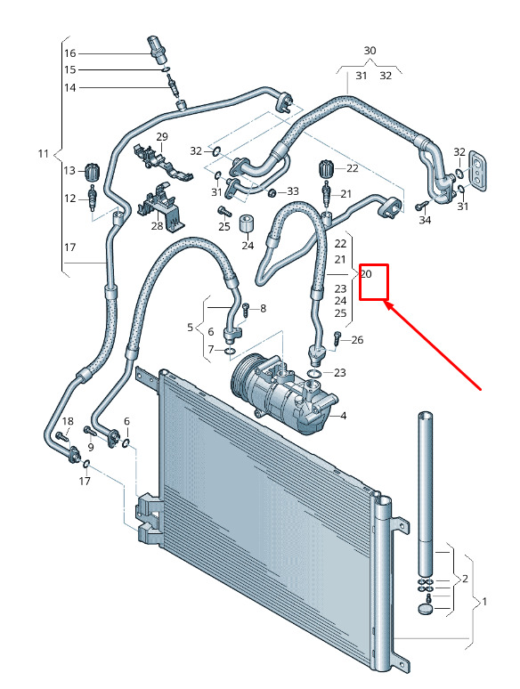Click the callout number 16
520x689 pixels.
tap(70, 53)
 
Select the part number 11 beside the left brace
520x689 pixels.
tap(43, 154)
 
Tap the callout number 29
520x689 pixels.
tap(162, 137)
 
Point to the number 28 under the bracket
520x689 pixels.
tap(157, 226)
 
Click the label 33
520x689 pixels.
tap(293, 191)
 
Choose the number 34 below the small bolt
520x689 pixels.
tap(425, 220)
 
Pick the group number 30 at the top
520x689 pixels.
tap(370, 51)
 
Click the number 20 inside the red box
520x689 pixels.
tap(366, 274)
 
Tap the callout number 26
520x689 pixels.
tap(357, 340)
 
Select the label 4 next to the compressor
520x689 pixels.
tap(344, 415)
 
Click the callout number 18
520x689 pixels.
tap(68, 422)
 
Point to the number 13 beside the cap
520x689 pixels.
tap(69, 171)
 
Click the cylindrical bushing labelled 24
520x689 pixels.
tap(248, 224)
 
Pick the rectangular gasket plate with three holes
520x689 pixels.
tap(478, 171)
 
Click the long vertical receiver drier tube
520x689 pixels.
tap(425, 493)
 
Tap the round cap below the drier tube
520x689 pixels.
tap(425, 609)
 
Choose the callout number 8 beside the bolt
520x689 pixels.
tap(263, 309)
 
